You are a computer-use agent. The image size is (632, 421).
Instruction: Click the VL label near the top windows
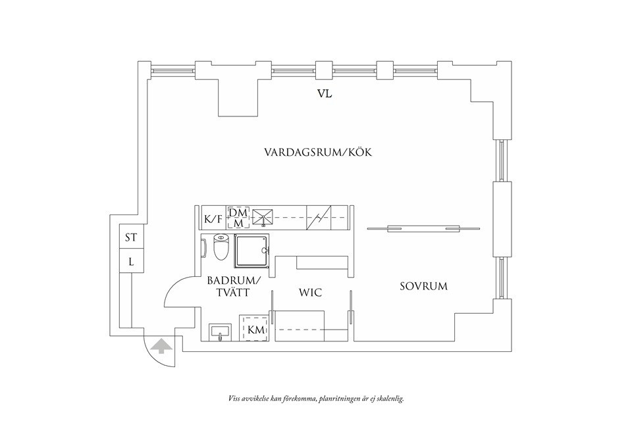tap(324, 94)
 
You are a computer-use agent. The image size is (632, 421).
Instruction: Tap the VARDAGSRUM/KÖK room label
tap(319, 152)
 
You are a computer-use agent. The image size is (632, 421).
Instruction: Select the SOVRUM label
tap(423, 286)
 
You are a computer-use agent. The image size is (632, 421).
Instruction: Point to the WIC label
tap(310, 292)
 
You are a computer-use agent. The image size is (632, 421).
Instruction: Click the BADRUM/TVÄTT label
tap(234, 286)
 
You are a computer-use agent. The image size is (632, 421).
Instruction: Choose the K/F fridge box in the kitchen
tap(213, 218)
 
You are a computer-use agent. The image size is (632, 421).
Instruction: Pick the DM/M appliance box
tap(238, 218)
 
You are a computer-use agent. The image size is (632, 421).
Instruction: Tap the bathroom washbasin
tap(220, 333)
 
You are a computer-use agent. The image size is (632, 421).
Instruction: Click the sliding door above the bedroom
tap(423, 229)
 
